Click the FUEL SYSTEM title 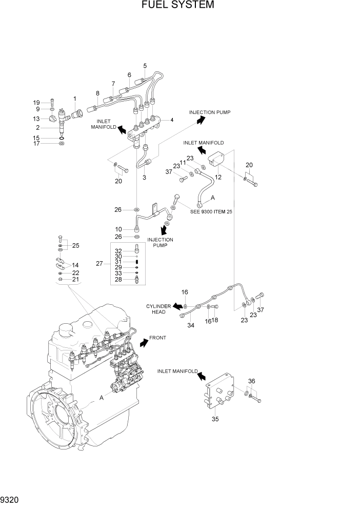tap(177, 6)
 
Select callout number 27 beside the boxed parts tap(100, 264)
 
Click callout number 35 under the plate tap(215, 419)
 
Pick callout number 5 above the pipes tap(145, 66)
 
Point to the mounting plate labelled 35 tap(221, 393)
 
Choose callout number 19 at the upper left tap(51, 102)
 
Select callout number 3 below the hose tap(145, 178)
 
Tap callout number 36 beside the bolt tap(251, 381)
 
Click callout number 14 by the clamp tap(75, 265)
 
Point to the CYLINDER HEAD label tap(157, 309)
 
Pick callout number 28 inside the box tap(118, 279)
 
